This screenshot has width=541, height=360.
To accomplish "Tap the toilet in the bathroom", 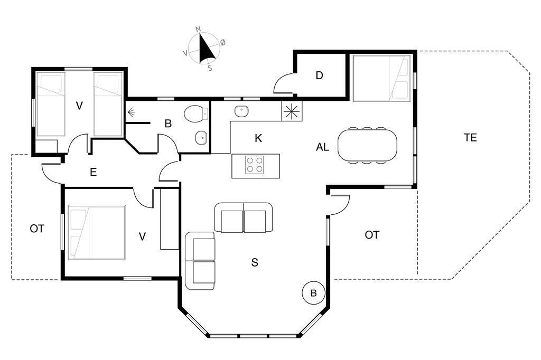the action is [195, 113].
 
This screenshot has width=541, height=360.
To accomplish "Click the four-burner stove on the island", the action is [254, 165].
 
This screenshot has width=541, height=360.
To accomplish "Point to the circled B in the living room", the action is [314, 293].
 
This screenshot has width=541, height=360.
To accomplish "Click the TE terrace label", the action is [470, 138].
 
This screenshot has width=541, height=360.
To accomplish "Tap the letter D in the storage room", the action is [319, 75].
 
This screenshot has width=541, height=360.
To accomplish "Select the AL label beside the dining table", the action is [323, 147].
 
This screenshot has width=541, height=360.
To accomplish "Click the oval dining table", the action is [367, 145].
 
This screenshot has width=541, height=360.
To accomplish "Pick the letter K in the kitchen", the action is [258, 138].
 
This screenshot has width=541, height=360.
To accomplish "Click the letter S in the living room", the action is [255, 262].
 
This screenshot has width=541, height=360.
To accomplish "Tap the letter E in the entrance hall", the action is [93, 172].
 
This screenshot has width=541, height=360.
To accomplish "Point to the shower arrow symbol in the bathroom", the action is [131, 112].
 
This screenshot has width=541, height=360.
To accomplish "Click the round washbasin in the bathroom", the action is [201, 138].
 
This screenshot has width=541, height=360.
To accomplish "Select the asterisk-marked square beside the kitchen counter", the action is [292, 111].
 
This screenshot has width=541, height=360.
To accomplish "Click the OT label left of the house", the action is [37, 229].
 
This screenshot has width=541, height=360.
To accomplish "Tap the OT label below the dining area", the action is [372, 235].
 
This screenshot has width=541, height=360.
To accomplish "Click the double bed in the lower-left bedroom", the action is [97, 232].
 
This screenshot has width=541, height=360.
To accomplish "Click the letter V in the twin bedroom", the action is [79, 106].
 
